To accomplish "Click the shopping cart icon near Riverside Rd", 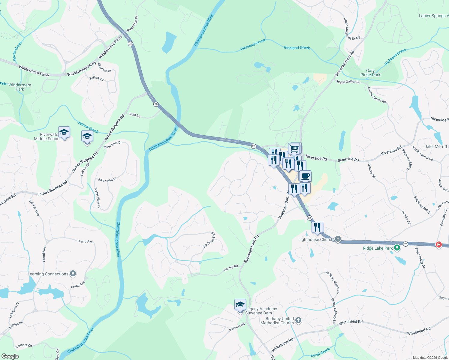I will point(294,148).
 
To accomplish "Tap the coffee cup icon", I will point(305,176).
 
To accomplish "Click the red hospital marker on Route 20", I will point(439,244).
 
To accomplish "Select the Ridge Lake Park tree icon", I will point(397,248).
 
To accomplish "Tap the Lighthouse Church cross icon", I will point(338,239).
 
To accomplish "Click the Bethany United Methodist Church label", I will point(277,321).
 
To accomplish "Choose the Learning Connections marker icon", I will point(73,274).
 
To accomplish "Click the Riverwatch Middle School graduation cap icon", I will point(64,132).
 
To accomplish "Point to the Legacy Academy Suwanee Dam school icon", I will point(240,305).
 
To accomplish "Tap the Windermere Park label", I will point(20,87).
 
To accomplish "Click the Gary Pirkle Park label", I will point(370,73).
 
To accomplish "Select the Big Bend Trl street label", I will point(209,240).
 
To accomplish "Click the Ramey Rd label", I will point(231,268).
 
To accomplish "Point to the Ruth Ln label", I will point(135,115).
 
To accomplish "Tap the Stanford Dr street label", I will point(104,68).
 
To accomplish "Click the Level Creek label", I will point(320,352).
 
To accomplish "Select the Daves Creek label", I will point(18,51).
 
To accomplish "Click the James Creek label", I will point(88,127).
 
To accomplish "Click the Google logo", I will point(10,356).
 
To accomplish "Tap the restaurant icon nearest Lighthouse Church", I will point(317,227).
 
